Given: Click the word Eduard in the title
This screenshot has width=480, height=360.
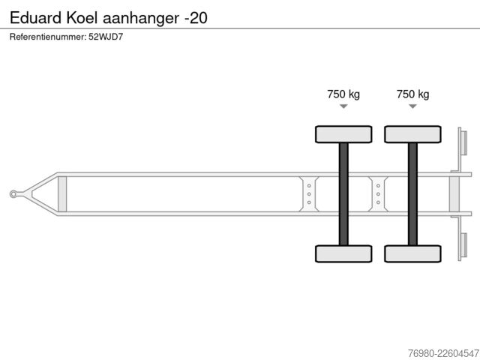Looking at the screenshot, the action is [x=36, y=18].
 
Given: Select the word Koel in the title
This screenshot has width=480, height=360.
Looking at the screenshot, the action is [x=82, y=18].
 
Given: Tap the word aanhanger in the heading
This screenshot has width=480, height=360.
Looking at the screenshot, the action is [x=141, y=19].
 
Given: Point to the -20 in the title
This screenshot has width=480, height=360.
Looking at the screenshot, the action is [x=196, y=18].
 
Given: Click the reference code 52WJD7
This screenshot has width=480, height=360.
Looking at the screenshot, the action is [x=106, y=37].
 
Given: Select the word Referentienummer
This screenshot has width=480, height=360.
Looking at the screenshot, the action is [x=48, y=37].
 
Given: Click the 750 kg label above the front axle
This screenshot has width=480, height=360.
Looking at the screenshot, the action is [x=343, y=94].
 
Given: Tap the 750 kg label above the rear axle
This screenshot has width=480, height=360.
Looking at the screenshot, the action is [x=412, y=94].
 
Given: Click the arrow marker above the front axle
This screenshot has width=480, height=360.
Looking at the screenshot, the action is [x=343, y=106].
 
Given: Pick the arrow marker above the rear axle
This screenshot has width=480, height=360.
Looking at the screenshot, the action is [x=413, y=106].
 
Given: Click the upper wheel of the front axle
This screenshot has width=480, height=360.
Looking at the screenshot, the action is [x=343, y=134].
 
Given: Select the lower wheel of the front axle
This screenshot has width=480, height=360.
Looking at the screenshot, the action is [x=343, y=253].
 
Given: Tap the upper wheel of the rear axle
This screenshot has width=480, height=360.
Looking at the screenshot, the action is [x=412, y=134].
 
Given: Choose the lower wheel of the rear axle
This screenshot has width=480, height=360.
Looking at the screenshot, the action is [x=412, y=253].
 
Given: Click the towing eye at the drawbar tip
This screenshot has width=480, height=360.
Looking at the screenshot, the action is [x=13, y=194].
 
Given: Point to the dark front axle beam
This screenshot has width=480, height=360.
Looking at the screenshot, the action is [x=343, y=194].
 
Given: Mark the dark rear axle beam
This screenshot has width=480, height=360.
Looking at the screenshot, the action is [x=412, y=194].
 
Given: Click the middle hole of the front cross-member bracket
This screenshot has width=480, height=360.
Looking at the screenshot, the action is [x=309, y=194].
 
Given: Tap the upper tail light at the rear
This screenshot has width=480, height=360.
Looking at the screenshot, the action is [x=463, y=143].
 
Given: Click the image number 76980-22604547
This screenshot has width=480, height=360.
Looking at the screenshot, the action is [x=443, y=353].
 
